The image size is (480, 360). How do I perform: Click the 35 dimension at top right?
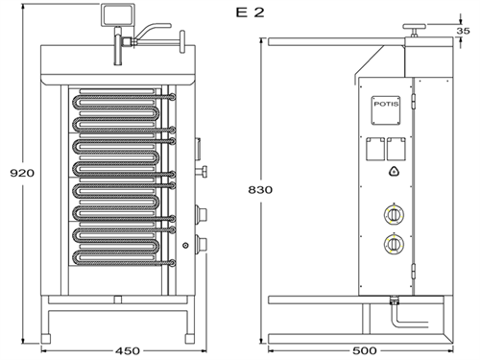462,32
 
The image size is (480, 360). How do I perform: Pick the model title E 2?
248,13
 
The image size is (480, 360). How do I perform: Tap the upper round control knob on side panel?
392,214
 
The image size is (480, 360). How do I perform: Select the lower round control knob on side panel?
392,244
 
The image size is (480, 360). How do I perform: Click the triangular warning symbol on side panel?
392,172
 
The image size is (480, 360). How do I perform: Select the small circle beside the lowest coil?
185,247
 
